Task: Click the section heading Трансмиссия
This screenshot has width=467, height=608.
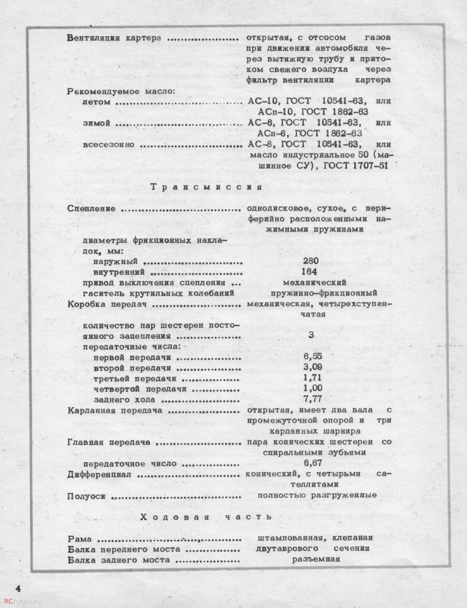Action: [x=205, y=187]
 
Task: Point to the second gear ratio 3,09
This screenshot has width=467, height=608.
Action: [x=312, y=367]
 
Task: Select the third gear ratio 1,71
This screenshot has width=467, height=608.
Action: [x=312, y=378]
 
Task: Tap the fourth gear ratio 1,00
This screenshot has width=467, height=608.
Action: [x=312, y=388]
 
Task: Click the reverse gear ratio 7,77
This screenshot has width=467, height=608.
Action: [x=312, y=400]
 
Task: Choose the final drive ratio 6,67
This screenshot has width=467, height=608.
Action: [x=312, y=463]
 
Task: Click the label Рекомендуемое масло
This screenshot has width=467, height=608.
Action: [x=119, y=91]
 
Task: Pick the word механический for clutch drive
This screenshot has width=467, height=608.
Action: [x=312, y=283]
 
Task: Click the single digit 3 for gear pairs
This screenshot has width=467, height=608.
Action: [x=311, y=335]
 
